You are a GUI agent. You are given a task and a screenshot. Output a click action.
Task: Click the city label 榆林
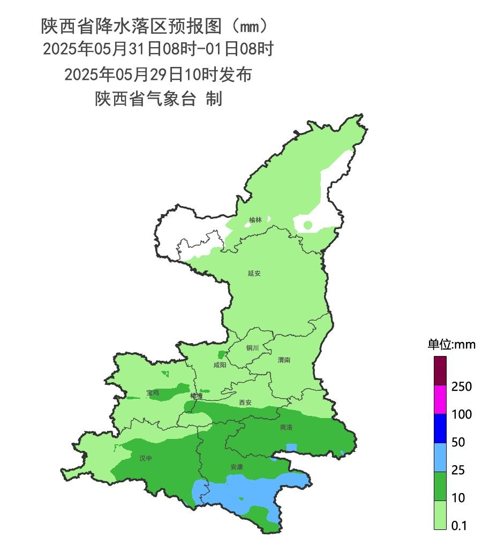tap(255, 220)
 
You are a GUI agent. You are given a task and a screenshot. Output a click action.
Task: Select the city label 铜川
tap(252, 348)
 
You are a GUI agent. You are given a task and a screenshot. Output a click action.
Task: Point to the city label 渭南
tap(284, 360)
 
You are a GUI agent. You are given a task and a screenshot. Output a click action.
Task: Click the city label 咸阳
tap(220, 365)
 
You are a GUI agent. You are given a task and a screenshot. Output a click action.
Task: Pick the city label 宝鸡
tap(153, 393)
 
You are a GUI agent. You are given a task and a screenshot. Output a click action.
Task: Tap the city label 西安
tap(245, 402)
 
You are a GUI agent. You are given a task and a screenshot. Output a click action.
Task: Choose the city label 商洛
tap(287, 428)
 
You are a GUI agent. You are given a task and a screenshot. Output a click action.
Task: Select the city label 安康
tap(237, 467)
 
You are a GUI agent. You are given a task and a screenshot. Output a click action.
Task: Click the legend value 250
tap(461, 386)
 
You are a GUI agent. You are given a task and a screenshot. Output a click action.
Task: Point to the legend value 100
tap(461, 414)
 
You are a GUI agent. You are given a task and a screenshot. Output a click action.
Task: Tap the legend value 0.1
tap(459, 526)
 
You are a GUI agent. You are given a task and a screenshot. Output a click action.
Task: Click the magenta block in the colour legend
tap(440, 399)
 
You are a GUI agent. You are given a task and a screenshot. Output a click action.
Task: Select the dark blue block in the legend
tap(440, 428)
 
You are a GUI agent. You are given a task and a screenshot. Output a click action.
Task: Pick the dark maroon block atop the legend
tap(440, 370)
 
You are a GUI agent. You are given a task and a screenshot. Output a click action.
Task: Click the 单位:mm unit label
tap(451, 344)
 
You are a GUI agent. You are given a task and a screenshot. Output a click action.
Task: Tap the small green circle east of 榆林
tap(307, 225)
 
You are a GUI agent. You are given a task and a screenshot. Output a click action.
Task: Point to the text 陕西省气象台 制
tap(158, 99)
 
